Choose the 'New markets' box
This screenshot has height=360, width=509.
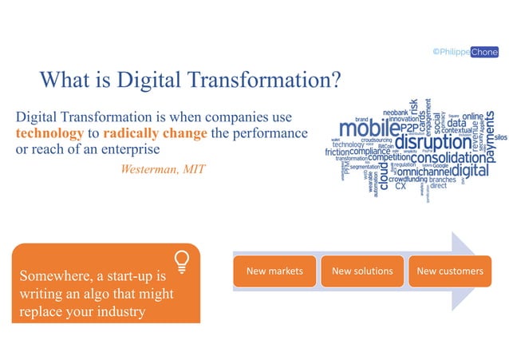[274, 271]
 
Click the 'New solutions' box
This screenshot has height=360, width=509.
[362, 271]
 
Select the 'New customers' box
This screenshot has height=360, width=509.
[450, 271]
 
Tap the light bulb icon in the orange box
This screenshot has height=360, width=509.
[182, 261]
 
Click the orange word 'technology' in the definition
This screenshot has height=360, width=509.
[49, 133]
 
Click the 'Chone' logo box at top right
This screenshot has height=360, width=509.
[483, 51]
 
